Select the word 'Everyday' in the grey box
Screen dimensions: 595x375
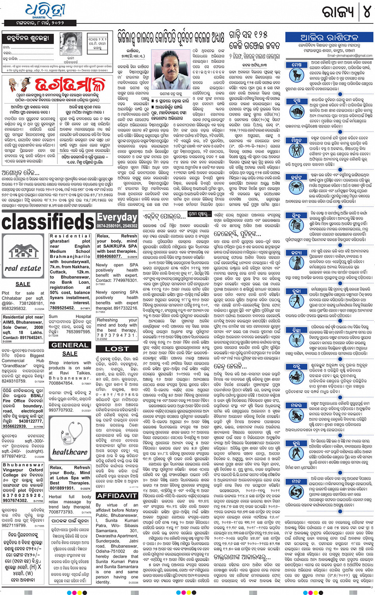117,217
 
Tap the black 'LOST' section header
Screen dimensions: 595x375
117,349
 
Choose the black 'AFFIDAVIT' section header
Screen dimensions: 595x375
117,496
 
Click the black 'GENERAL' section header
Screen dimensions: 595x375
70,345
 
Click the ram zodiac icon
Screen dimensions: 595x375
296,74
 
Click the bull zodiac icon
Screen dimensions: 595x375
296,112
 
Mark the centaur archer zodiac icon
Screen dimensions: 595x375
296,375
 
